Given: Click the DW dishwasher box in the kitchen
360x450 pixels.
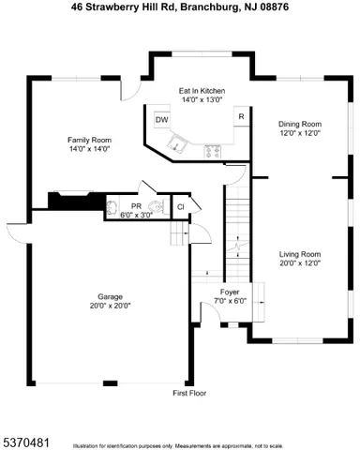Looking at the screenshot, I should click(161, 119).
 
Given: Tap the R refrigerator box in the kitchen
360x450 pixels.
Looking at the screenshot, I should click(241, 117).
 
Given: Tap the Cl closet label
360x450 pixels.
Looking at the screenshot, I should click(180, 206).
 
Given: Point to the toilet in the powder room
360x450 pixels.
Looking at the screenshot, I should click(154, 206).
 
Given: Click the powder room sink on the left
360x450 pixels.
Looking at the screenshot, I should click(113, 206).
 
